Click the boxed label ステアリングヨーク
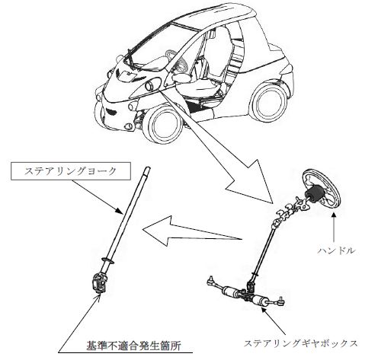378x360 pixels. point(71,171)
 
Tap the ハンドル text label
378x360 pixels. point(336,250)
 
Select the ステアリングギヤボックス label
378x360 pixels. point(300,343)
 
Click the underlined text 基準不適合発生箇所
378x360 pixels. point(134,346)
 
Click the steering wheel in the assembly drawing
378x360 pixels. point(321,187)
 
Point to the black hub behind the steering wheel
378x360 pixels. point(314,193)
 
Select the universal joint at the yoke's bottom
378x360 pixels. point(99,283)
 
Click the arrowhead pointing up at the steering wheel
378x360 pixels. point(334,215)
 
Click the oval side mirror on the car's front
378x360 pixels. point(152,84)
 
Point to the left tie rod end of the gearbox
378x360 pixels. point(211,279)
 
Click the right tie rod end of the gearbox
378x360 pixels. point(280,301)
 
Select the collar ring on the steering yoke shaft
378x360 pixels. point(107,260)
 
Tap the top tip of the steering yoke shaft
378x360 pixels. point(149,167)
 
